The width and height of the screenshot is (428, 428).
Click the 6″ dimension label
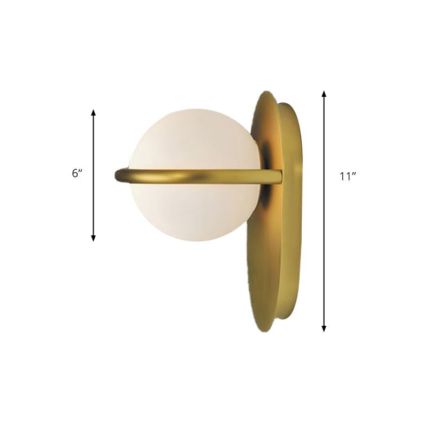click(x=77, y=174)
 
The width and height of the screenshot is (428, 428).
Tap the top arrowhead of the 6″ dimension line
click(x=94, y=113)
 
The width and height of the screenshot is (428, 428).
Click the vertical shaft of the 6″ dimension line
click(x=94, y=203)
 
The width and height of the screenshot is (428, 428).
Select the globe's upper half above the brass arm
click(x=195, y=139)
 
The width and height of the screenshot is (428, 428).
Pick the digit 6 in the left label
click(x=75, y=174)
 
